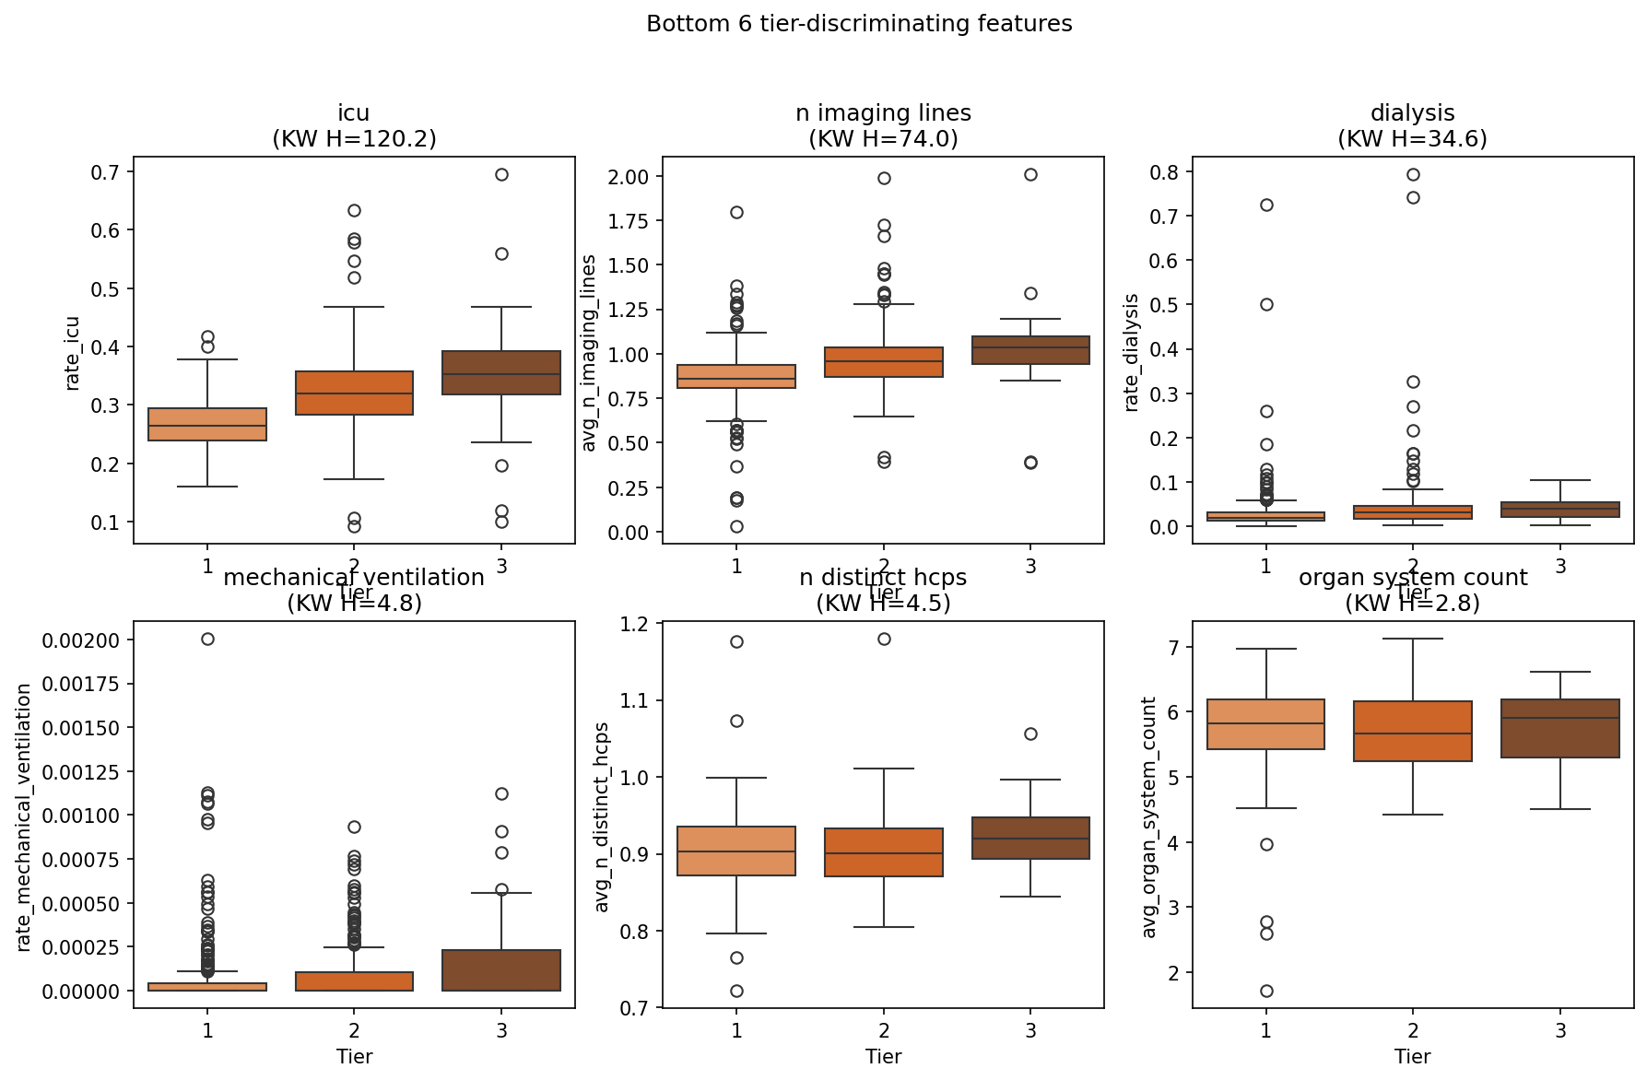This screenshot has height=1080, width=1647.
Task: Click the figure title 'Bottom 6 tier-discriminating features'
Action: point(859,24)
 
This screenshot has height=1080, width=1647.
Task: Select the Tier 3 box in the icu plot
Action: point(501,372)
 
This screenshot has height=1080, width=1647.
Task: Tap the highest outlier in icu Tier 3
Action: point(501,174)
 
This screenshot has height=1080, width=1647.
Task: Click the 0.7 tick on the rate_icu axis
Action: point(110,172)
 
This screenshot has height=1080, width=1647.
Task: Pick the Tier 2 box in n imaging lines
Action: point(884,362)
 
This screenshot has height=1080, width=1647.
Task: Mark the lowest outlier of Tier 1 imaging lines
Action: point(737,526)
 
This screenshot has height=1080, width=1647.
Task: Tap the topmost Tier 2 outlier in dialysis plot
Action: point(1413,174)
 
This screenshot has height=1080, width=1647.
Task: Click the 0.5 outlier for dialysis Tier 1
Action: point(1266,304)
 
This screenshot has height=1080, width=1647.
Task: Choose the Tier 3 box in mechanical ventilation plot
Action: point(501,969)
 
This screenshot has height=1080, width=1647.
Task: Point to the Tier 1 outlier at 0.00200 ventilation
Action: point(207,639)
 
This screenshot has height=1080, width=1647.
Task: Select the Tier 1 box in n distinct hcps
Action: point(737,851)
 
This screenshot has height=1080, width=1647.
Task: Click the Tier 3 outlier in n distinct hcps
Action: point(1030,734)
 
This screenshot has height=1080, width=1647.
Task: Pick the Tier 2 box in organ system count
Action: point(1413,731)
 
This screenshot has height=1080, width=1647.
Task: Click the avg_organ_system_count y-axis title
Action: point(1149,816)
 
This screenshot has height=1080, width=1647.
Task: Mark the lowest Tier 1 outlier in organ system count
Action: point(1266,991)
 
